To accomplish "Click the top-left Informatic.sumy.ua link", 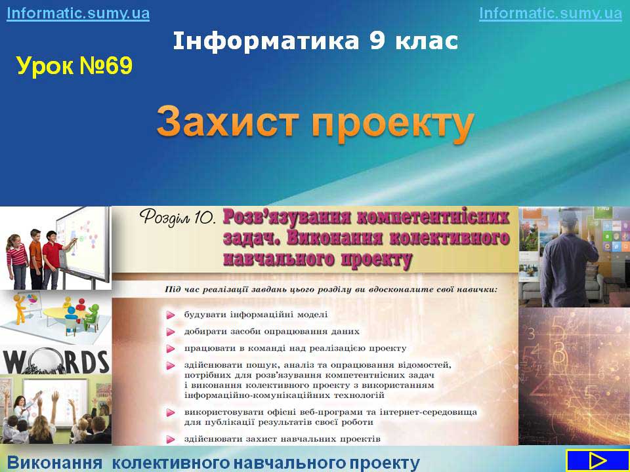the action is point(78,13).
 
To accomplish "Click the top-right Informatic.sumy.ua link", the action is point(551,13).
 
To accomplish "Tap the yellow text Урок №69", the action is point(74,66).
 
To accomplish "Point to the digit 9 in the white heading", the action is point(377,41).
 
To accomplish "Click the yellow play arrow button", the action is point(597,461).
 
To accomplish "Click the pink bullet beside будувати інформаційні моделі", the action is point(171,315).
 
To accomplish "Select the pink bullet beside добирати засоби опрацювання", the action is point(171,332).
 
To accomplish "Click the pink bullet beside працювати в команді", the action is point(171,349).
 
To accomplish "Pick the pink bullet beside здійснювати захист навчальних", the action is point(171,439).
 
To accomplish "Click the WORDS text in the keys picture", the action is point(56,361).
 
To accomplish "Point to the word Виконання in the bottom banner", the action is point(55,463).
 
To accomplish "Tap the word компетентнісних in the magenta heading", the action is point(434,218).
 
